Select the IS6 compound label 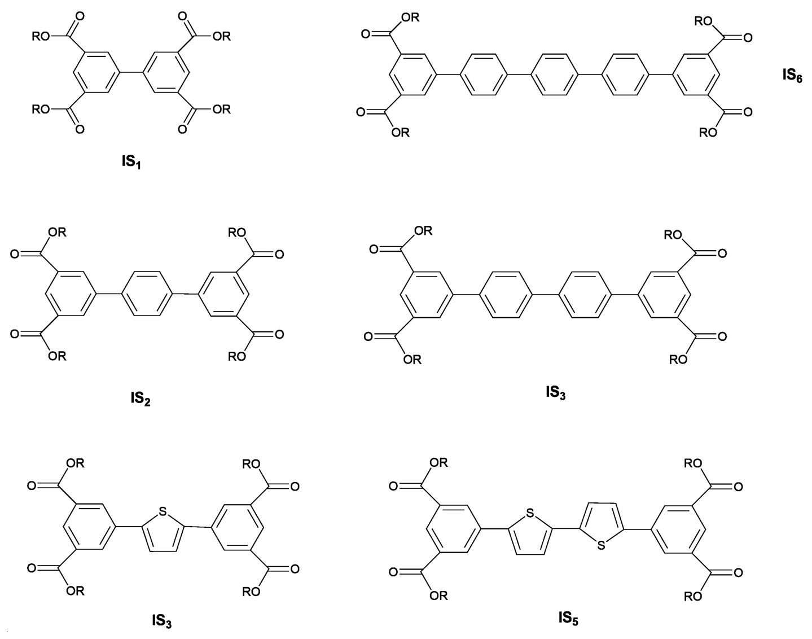click(x=792, y=75)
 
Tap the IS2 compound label click(x=140, y=399)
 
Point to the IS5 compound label click(x=568, y=618)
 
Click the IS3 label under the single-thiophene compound click(x=161, y=621)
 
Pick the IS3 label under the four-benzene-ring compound click(x=555, y=392)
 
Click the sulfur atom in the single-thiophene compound click(x=163, y=512)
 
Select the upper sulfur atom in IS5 click(x=529, y=513)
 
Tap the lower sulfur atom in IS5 click(x=602, y=545)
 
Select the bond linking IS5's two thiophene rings click(x=565, y=529)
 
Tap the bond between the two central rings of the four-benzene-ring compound click(x=545, y=294)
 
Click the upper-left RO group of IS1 click(x=41, y=37)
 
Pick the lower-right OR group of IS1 click(x=222, y=108)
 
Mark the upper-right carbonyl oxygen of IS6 click(x=748, y=38)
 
